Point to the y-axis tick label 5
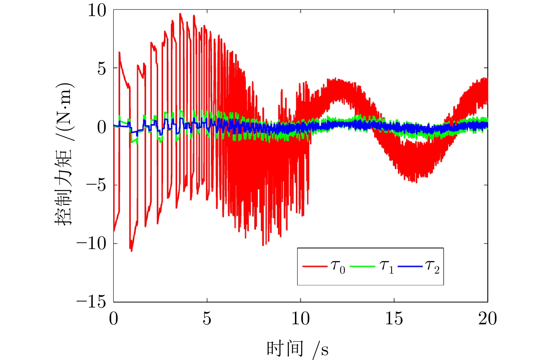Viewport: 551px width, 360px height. point(102,69)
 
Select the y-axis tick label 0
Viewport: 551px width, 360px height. point(102,127)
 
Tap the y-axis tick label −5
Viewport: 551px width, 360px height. point(96,186)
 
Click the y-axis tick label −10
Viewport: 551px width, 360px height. point(91,244)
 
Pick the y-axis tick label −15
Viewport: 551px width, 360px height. point(91,303)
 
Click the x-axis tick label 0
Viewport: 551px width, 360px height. point(114,319)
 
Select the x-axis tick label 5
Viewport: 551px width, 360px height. point(207,319)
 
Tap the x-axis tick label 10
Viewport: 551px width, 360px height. point(301,319)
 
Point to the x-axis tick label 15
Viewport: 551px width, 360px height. point(394,319)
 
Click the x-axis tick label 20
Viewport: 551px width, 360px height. point(488,319)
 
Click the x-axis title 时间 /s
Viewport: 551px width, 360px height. point(298,349)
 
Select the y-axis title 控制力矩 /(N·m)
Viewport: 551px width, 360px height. point(64,154)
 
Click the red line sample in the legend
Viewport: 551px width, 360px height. point(315,266)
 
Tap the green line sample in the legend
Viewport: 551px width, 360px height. point(362,266)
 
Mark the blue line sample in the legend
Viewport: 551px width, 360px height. point(410,266)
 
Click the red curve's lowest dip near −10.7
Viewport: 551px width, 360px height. point(132,251)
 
